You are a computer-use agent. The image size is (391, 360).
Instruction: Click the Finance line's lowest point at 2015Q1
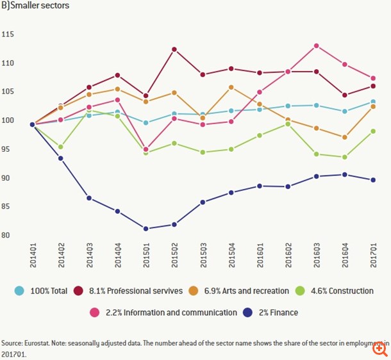pos(146,229)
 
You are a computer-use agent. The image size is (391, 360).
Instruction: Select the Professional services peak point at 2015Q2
pos(174,49)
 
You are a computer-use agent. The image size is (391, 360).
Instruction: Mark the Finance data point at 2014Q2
pos(61,158)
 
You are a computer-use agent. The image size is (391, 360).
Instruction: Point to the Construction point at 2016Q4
pos(344,157)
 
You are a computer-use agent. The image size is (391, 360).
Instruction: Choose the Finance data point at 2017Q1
pos(372,180)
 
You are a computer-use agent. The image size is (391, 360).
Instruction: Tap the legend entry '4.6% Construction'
pos(337,291)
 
